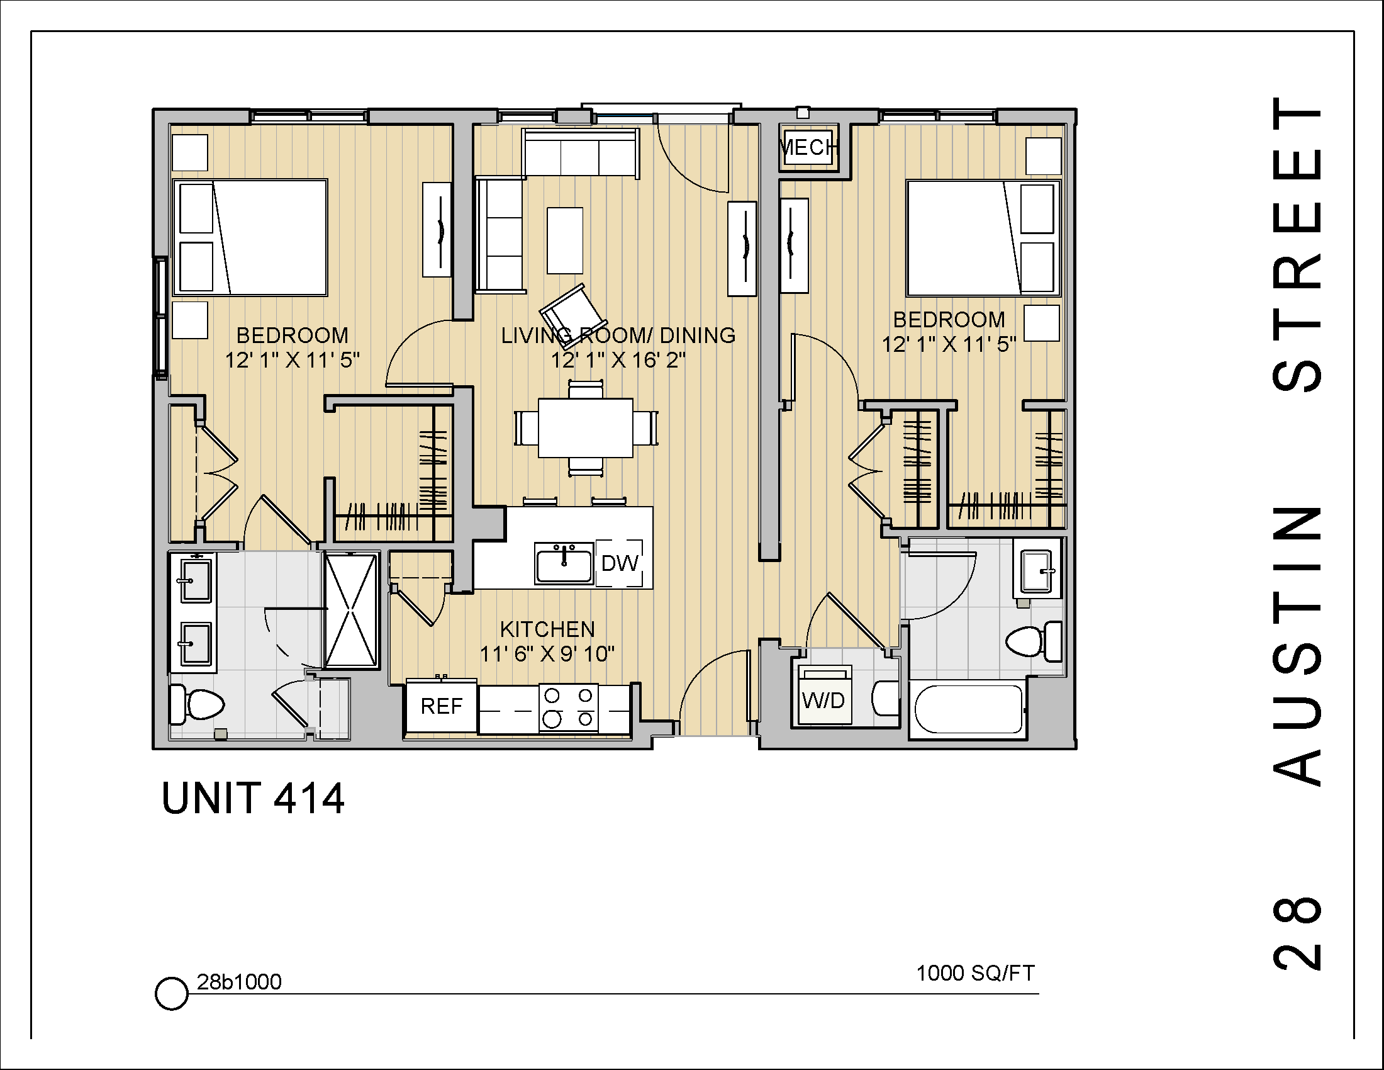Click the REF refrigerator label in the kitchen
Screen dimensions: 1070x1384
(441, 706)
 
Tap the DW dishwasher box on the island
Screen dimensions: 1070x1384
(619, 563)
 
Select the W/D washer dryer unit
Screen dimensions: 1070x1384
(824, 700)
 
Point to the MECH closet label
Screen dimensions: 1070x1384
(807, 148)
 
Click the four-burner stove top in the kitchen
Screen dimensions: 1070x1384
(569, 707)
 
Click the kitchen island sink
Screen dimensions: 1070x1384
(564, 563)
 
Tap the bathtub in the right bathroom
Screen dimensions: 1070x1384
(967, 709)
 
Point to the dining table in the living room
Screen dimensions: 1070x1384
(585, 427)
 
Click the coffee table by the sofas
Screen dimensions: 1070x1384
(565, 240)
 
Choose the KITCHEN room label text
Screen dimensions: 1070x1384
(547, 629)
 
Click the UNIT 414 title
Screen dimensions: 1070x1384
(253, 798)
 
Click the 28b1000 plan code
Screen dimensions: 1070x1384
(239, 982)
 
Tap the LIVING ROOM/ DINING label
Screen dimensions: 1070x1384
(618, 335)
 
